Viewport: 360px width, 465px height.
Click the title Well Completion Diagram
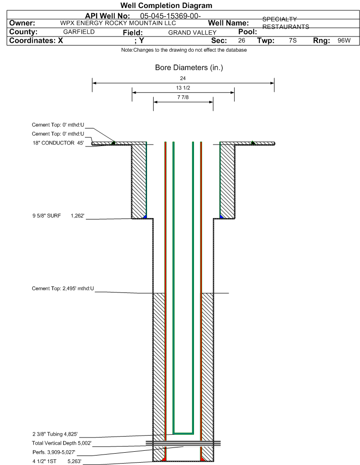(166, 5)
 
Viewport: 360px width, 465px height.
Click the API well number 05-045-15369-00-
(170, 16)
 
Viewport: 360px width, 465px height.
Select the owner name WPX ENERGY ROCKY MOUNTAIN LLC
(118, 23)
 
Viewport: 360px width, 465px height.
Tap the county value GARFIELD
(79, 32)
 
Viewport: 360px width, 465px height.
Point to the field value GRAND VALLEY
(192, 33)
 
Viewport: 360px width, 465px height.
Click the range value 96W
(344, 40)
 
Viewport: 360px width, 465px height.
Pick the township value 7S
(293, 40)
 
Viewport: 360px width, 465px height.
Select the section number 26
(241, 40)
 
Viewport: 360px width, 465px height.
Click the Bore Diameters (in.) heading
(189, 68)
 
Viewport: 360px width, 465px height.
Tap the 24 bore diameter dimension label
(183, 78)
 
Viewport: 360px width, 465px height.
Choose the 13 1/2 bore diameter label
(183, 88)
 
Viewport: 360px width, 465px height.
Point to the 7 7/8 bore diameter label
(183, 97)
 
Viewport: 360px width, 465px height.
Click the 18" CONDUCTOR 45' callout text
(58, 143)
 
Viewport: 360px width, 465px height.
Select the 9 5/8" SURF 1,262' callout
(58, 216)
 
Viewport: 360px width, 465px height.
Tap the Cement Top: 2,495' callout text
(63, 289)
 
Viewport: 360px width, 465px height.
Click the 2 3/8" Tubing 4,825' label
(55, 434)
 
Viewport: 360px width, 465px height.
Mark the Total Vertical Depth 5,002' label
(62, 443)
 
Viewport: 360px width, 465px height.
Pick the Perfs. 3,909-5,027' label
(54, 452)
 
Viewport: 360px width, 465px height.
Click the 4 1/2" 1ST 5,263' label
(57, 461)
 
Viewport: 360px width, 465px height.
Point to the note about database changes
(184, 50)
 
